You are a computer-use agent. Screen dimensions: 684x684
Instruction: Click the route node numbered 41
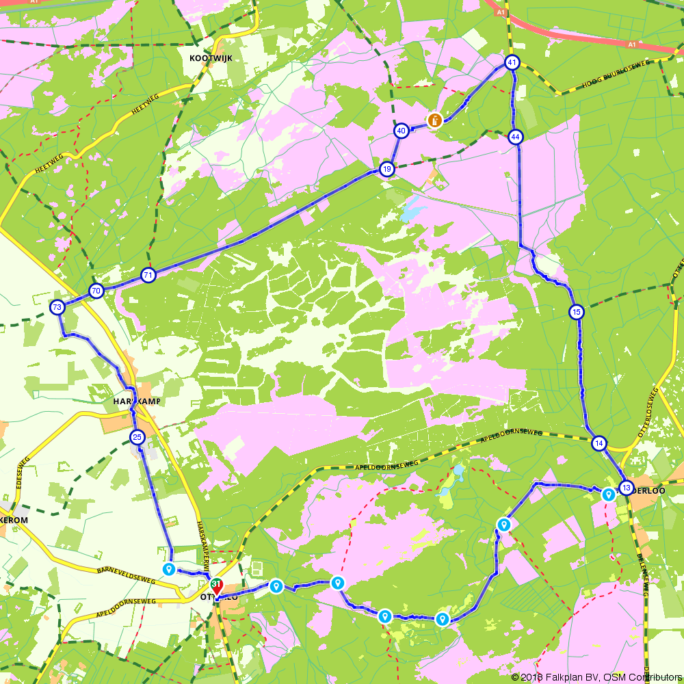512,63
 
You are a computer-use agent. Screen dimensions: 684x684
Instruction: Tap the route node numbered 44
515,137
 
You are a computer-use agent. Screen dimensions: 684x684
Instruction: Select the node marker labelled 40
402,130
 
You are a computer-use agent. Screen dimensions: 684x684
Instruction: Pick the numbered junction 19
386,169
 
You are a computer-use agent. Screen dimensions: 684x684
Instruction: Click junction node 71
148,276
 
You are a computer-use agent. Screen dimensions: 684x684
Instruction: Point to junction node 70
96,291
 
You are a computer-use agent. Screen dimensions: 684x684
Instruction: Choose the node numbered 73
57,307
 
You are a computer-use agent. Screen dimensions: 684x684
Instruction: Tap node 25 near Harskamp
137,437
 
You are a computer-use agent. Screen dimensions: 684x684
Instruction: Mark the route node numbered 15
577,312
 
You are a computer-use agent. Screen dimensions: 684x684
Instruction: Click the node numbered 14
599,443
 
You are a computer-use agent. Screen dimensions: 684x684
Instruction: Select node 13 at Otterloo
626,488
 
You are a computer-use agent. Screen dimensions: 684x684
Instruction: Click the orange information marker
434,120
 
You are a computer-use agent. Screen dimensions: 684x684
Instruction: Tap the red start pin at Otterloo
217,587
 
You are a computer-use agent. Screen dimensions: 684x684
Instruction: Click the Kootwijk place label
211,58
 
